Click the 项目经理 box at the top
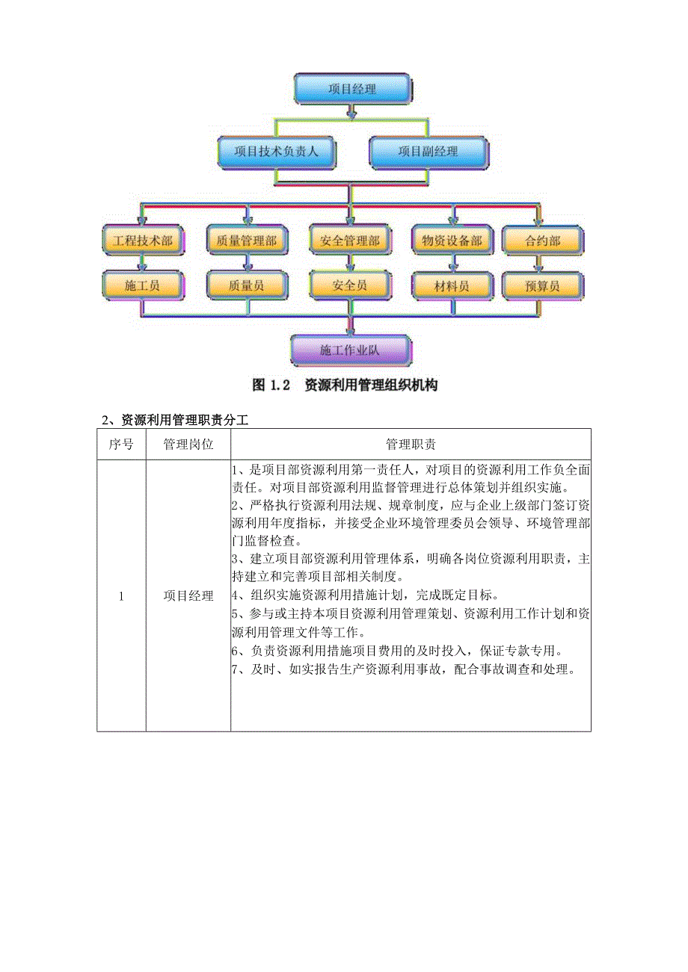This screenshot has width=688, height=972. (x=352, y=89)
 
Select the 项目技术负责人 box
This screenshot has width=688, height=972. (x=277, y=152)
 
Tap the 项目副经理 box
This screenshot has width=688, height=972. (x=428, y=152)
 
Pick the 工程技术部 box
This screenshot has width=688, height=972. (x=142, y=241)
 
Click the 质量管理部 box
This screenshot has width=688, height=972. (x=246, y=241)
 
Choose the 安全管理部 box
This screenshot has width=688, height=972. (x=350, y=241)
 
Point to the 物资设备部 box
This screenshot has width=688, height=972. (x=452, y=241)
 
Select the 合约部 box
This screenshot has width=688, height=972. (x=542, y=241)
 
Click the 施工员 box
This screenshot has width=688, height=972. (x=142, y=285)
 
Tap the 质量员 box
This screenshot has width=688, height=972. (x=246, y=285)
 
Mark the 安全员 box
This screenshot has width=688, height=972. (x=350, y=285)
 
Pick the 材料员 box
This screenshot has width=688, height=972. (x=452, y=285)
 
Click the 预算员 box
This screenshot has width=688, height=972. (x=542, y=285)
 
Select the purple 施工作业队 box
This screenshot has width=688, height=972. (x=350, y=350)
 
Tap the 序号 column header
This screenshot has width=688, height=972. (x=121, y=445)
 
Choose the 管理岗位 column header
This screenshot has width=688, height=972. (x=188, y=445)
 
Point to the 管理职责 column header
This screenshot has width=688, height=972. (x=411, y=445)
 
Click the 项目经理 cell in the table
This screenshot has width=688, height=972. (x=188, y=595)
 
